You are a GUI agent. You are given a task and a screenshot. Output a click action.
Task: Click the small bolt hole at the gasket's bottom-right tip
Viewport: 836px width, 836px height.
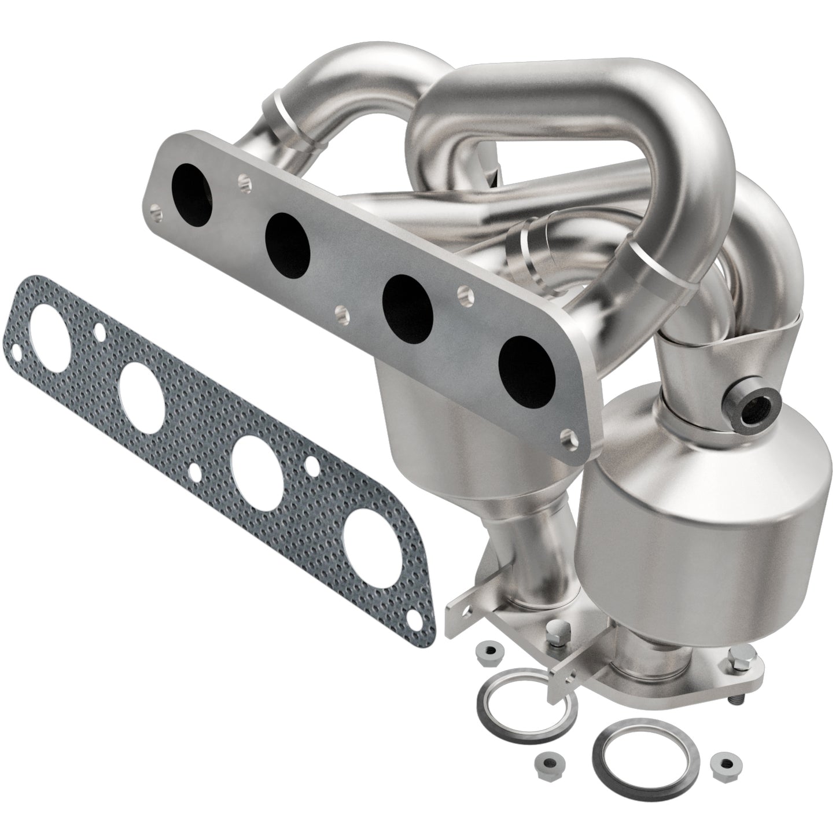pyautogui.click(x=414, y=620)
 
